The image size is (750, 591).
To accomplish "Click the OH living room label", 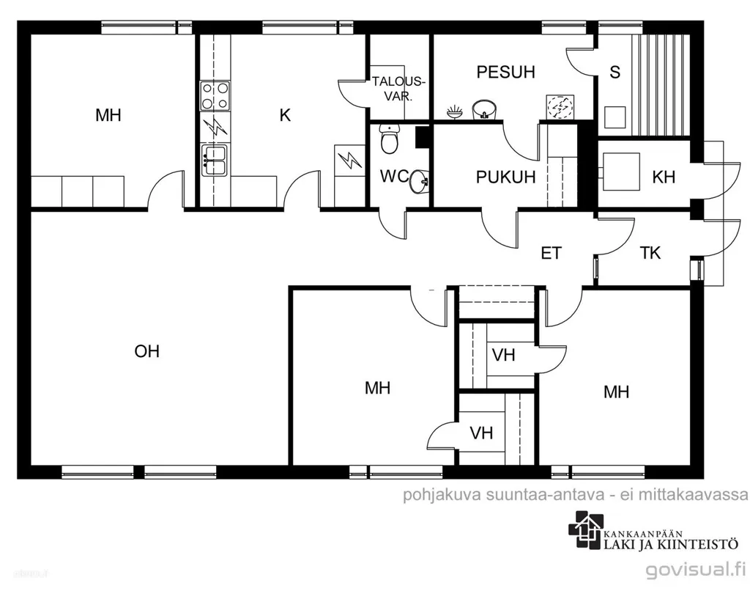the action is pos(146,351).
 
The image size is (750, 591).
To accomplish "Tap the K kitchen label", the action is pos(285,115).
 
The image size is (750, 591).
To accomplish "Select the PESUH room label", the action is pos(505,72).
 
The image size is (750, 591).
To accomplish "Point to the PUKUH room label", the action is pos(505,177).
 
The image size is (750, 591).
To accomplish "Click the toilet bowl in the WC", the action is pos(390,139).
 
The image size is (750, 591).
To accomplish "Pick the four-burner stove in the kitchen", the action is pos(215,96).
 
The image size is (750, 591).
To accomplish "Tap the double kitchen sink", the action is pos(215,160).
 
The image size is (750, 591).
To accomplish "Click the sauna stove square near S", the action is pos(615,117).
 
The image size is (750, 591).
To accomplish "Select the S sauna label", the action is pos(615,72).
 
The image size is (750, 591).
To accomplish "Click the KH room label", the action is pos(664,177).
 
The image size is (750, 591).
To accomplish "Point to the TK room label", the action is pos(650,252).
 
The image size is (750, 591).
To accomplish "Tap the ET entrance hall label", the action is pos(551,253).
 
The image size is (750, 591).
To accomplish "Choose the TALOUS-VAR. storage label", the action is pos(398,89).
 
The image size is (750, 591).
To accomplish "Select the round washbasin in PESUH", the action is pos(485,110).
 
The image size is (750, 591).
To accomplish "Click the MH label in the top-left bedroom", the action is pos(108,115).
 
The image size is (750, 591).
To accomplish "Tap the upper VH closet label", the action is pos(503,355).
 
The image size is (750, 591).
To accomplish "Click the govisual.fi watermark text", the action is pos(696,570).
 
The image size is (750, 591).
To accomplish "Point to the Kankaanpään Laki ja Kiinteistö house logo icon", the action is pos(584,529).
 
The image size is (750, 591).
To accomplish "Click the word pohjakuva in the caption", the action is pos(442,494).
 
